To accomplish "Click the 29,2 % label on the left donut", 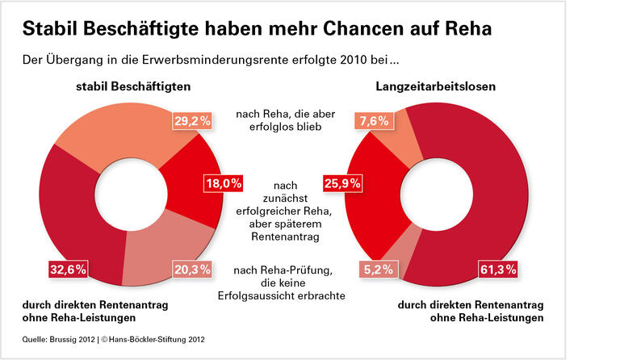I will (x=192, y=121).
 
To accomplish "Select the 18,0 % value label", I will (x=222, y=183).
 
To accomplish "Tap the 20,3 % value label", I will (x=192, y=269).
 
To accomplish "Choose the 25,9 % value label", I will (x=342, y=183).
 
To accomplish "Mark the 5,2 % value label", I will (x=379, y=269).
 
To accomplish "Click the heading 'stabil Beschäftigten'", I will (x=128, y=86).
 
